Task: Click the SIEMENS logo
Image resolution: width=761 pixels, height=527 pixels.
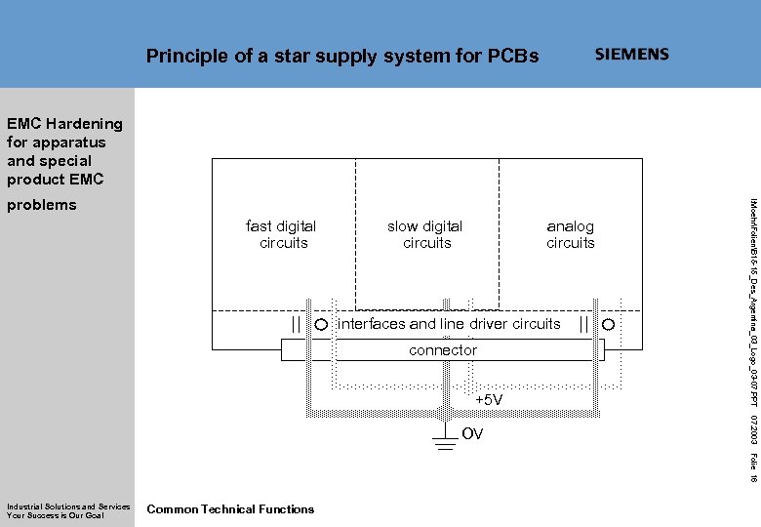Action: click(632, 55)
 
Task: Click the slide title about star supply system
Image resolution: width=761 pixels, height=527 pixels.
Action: click(341, 56)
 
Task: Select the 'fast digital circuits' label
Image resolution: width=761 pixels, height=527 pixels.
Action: click(282, 234)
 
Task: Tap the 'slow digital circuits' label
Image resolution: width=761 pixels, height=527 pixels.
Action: click(425, 234)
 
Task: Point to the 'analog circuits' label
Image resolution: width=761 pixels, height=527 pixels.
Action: click(571, 234)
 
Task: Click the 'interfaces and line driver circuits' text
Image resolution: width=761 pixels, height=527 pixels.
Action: click(449, 323)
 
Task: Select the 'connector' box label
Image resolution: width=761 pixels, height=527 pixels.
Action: click(443, 349)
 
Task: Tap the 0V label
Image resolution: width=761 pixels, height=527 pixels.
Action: click(472, 434)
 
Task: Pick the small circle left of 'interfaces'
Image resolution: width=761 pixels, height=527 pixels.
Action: click(320, 324)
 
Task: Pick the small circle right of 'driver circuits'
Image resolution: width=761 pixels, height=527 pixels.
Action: click(608, 324)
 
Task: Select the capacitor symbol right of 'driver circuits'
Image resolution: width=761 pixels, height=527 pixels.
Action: click(583, 324)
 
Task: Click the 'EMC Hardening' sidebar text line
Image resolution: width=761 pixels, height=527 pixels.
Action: click(64, 124)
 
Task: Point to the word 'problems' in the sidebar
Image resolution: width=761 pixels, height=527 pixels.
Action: click(41, 205)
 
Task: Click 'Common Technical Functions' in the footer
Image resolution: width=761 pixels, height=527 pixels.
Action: click(230, 508)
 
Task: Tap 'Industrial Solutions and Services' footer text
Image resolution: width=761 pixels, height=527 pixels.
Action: click(68, 506)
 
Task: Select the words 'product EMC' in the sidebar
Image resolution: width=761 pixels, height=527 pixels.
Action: click(55, 180)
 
